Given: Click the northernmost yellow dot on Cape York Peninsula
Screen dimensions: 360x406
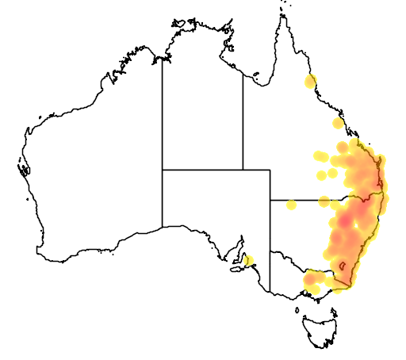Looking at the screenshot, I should click(x=310, y=81).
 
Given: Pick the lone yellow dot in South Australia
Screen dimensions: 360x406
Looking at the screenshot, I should click(x=249, y=260).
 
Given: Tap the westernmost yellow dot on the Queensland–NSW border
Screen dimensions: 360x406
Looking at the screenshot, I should click(x=291, y=205).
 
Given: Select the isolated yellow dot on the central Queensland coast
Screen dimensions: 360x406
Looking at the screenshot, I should click(x=339, y=123).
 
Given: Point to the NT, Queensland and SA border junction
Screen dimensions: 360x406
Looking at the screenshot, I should click(x=243, y=170).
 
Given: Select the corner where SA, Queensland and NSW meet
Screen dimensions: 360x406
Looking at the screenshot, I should click(x=270, y=200).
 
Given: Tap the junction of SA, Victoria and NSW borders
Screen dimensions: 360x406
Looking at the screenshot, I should click(x=270, y=251).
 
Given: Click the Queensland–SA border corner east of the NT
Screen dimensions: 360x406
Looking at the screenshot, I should click(x=270, y=170).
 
